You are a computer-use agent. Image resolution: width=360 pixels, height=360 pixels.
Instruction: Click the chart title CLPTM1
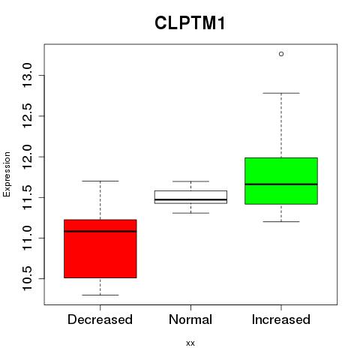click(x=190, y=23)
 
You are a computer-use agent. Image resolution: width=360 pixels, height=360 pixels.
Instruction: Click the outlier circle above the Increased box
click(x=281, y=54)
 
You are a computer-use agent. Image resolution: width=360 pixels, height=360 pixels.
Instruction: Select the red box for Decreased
click(x=100, y=249)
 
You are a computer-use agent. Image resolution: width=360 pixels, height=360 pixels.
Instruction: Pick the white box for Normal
click(x=190, y=197)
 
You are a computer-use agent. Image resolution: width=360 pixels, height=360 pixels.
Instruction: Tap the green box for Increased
click(x=281, y=181)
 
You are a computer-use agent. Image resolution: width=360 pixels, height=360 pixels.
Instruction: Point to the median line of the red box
click(x=100, y=231)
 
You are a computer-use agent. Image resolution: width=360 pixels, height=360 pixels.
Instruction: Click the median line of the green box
click(x=281, y=184)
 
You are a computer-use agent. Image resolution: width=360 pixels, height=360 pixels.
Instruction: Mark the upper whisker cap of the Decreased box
click(x=100, y=181)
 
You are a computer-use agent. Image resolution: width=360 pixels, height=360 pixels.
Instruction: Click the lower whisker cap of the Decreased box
click(x=100, y=295)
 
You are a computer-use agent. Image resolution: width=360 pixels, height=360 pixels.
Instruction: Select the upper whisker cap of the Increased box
click(x=281, y=93)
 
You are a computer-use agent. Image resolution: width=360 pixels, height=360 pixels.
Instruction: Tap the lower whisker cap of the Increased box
click(x=281, y=221)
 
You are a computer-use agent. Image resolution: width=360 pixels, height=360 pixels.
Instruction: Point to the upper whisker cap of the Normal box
click(x=190, y=181)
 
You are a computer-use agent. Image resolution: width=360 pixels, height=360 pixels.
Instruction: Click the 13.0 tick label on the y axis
click(x=27, y=75)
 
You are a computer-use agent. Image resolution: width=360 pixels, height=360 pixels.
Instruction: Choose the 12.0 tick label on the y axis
click(x=27, y=157)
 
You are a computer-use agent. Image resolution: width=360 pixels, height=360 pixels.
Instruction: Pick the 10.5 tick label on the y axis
click(x=27, y=278)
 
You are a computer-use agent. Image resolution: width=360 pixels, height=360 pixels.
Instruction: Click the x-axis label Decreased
click(x=100, y=319)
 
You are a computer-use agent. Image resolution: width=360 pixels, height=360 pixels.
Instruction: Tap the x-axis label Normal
click(x=190, y=319)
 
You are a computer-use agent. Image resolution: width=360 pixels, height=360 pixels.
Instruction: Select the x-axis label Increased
click(x=281, y=319)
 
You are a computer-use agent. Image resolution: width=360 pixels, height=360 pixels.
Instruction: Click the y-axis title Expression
click(x=7, y=174)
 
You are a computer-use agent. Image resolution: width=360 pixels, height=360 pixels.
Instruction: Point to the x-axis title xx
click(x=190, y=343)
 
